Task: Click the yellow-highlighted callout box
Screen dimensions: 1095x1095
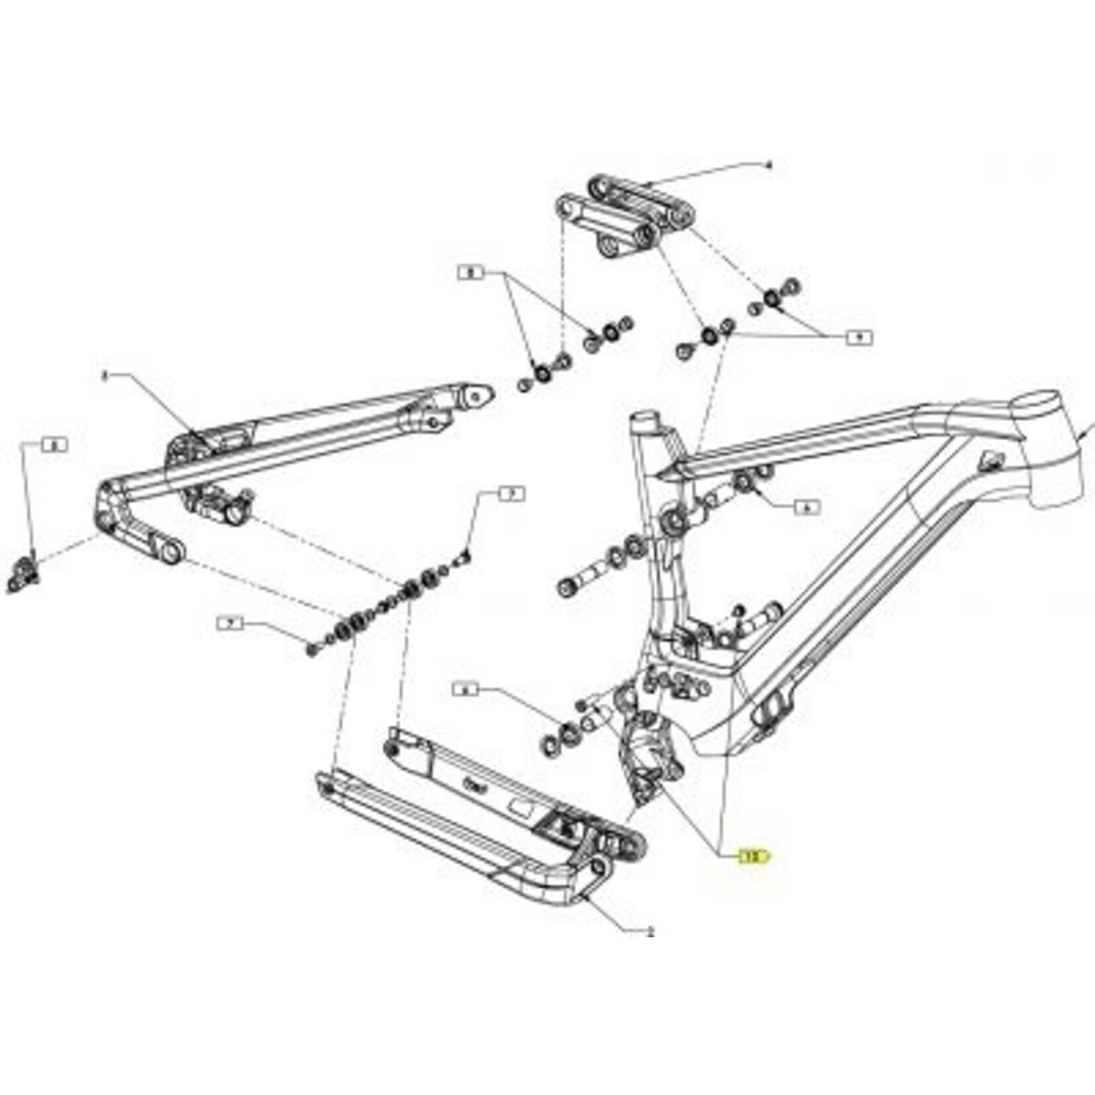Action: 754,856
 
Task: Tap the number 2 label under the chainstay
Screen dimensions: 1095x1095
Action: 650,931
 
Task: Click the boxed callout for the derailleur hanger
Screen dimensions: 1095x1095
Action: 54,445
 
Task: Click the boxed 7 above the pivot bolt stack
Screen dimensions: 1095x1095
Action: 510,494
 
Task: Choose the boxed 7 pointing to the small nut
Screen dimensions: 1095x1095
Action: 231,623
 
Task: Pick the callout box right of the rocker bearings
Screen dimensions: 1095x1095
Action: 859,337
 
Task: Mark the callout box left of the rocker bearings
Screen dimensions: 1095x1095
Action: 472,272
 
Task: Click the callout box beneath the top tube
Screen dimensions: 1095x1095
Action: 806,508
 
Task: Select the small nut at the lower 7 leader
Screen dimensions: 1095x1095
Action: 312,648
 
